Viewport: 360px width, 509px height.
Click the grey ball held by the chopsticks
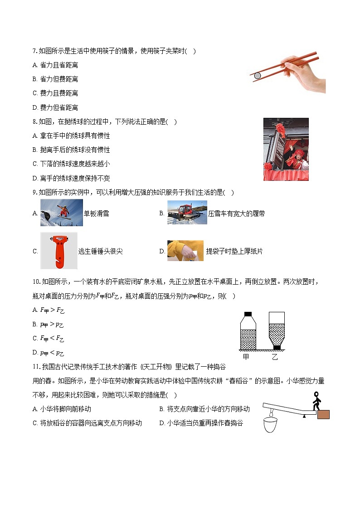(258, 76)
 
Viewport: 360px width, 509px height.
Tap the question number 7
(34, 51)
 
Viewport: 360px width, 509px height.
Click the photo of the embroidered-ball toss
(286, 149)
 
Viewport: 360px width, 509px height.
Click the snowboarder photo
(61, 213)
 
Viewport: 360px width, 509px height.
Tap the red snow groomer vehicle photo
(187, 213)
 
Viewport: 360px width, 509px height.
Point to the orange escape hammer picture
(58, 251)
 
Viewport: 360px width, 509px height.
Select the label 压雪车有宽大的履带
(236, 213)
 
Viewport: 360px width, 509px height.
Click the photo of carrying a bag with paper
(185, 251)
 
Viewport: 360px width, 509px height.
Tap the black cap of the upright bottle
(248, 314)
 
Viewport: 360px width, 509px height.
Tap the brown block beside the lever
(323, 414)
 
